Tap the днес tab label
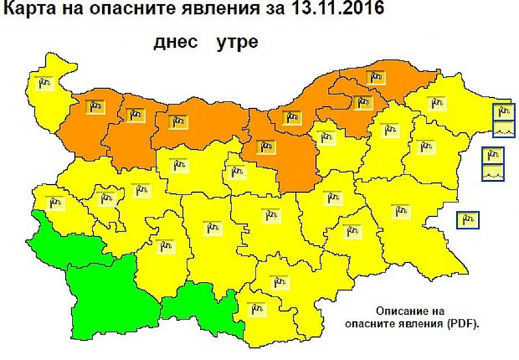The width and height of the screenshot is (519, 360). pyautogui.click(x=175, y=43)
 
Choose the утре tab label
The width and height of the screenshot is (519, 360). pyautogui.click(x=236, y=43)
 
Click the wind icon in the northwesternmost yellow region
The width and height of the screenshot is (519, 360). pyautogui.click(x=46, y=84)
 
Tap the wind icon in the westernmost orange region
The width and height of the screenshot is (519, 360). pyautogui.click(x=96, y=106)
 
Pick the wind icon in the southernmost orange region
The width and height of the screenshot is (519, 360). pyautogui.click(x=266, y=147)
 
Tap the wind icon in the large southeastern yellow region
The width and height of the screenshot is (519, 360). pyautogui.click(x=400, y=211)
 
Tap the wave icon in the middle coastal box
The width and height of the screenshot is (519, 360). pyautogui.click(x=493, y=172)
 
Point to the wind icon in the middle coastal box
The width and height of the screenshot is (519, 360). pyautogui.click(x=493, y=156)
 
